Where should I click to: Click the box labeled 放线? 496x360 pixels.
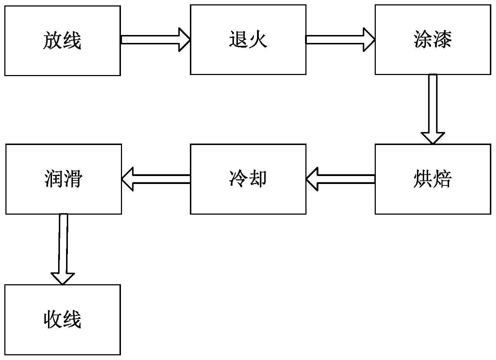click(62, 40)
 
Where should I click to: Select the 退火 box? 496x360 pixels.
click(248, 40)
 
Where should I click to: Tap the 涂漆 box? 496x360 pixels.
click(432, 40)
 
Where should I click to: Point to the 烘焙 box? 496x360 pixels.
click(432, 179)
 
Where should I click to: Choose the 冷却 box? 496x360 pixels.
click(248, 179)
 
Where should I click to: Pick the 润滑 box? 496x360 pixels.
click(63, 179)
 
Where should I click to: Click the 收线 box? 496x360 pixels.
click(62, 320)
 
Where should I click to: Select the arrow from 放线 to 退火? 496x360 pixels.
click(155, 40)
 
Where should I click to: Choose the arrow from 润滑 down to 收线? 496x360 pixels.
click(63, 249)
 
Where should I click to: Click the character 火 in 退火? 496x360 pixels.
click(258, 40)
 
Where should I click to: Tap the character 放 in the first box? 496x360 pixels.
click(53, 40)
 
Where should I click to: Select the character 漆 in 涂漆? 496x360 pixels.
click(442, 40)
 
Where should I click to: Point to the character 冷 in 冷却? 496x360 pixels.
click(238, 179)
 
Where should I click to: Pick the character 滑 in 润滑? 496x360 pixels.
click(73, 179)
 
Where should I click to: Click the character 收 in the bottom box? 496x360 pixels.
click(53, 320)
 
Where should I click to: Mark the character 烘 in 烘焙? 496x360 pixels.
click(423, 179)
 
